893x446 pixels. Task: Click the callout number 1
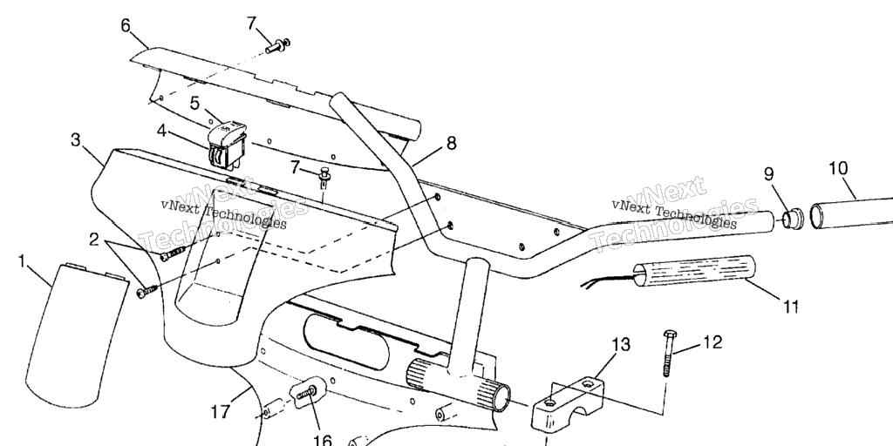(x=22, y=262)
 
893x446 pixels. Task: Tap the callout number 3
(x=76, y=140)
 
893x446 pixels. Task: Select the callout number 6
(x=126, y=25)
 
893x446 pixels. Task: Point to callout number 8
(x=451, y=144)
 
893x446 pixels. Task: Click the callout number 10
(x=838, y=168)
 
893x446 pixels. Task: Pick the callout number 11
(x=790, y=307)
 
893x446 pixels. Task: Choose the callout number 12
(x=712, y=341)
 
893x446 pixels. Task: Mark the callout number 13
(x=621, y=344)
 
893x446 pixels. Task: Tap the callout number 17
(x=221, y=411)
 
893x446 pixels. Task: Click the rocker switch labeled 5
(x=226, y=145)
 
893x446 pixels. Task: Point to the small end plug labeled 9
(x=792, y=219)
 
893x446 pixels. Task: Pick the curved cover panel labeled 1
(x=77, y=334)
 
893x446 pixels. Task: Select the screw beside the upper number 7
(x=278, y=45)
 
